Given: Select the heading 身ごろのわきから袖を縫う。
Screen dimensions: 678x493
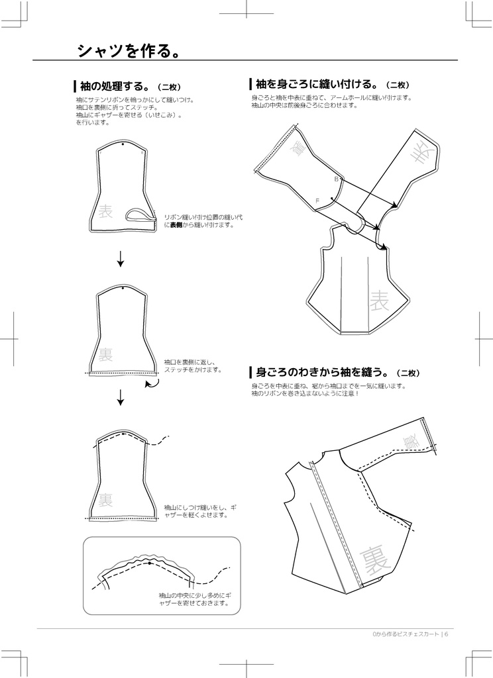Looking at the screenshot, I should [x=321, y=372].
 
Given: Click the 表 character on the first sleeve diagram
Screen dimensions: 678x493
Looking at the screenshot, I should [x=106, y=213].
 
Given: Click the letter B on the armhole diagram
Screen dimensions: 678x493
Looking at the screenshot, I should [x=337, y=179].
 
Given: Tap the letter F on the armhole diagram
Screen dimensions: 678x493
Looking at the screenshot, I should [x=317, y=200].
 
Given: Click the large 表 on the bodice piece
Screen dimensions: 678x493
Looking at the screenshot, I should [x=380, y=301].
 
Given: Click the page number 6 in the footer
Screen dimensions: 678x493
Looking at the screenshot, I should [x=447, y=634].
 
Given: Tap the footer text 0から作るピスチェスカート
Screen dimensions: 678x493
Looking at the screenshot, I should [x=405, y=634].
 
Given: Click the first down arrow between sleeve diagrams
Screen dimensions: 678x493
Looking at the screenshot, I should [x=121, y=259].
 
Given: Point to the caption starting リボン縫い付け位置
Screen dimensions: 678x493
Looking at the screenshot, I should [x=203, y=220].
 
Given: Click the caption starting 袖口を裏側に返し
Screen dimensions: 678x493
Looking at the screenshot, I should [x=192, y=366].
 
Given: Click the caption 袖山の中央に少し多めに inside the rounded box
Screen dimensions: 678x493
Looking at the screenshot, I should [x=193, y=599].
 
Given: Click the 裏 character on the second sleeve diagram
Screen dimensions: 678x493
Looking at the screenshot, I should [x=105, y=355].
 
